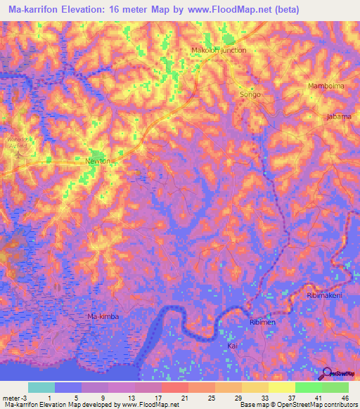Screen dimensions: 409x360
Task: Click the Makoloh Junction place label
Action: coord(219,51)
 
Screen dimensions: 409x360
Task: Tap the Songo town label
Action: coord(250,94)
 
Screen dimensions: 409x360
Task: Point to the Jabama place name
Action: coord(338,117)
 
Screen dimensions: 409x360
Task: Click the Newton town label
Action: coord(98,161)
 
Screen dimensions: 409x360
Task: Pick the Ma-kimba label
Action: coord(103,317)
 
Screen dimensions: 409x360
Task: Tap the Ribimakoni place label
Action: coord(324,296)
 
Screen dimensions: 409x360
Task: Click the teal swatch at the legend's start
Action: coord(41,387)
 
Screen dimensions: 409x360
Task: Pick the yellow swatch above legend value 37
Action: coord(282,387)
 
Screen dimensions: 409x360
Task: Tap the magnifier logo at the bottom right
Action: coord(326,374)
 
